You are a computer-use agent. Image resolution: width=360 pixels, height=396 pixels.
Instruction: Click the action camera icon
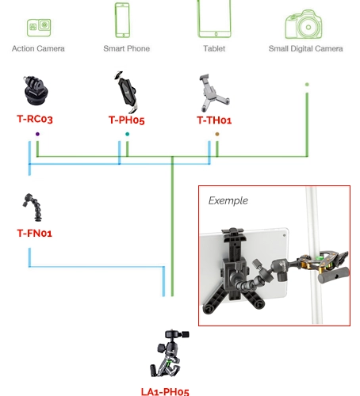click(x=39, y=28)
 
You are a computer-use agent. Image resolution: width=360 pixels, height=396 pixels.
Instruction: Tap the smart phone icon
click(x=122, y=20)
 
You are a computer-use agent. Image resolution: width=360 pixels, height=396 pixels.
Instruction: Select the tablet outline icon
click(x=214, y=19)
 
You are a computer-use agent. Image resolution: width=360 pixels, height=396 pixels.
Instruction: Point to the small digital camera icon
click(x=304, y=25)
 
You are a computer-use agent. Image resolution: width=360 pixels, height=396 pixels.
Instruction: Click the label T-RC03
click(x=35, y=119)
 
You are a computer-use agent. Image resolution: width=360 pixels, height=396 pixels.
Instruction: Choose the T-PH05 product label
click(x=127, y=120)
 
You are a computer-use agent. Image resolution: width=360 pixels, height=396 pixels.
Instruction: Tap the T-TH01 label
click(x=214, y=120)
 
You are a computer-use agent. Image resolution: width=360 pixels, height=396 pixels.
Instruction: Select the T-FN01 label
click(x=35, y=233)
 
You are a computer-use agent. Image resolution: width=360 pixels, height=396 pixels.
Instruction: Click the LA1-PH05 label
click(x=165, y=391)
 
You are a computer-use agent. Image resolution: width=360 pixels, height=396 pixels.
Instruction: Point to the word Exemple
click(x=228, y=200)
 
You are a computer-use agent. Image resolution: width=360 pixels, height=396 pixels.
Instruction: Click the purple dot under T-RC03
click(x=37, y=134)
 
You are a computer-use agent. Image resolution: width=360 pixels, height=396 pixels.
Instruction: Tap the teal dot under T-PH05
click(x=128, y=134)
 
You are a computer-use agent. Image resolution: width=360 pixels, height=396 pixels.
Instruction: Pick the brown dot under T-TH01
click(x=217, y=134)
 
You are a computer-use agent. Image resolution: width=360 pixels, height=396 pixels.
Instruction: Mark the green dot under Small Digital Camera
click(x=307, y=85)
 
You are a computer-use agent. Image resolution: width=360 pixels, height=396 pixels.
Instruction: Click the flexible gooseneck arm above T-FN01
click(x=33, y=208)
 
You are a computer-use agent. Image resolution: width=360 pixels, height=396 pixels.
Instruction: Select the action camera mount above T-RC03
click(x=35, y=90)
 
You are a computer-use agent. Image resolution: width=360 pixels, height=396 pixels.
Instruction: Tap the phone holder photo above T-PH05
click(x=126, y=92)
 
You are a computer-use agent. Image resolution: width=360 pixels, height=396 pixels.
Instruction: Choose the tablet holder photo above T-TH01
click(x=214, y=93)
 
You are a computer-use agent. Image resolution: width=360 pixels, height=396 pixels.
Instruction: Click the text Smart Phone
click(x=127, y=48)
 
